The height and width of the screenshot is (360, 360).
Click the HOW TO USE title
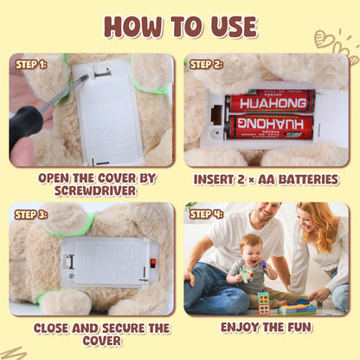tap(179, 26)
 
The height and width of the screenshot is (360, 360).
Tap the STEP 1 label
tap(30, 63)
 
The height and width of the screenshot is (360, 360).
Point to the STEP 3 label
tap(31, 214)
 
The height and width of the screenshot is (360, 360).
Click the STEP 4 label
tap(206, 213)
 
